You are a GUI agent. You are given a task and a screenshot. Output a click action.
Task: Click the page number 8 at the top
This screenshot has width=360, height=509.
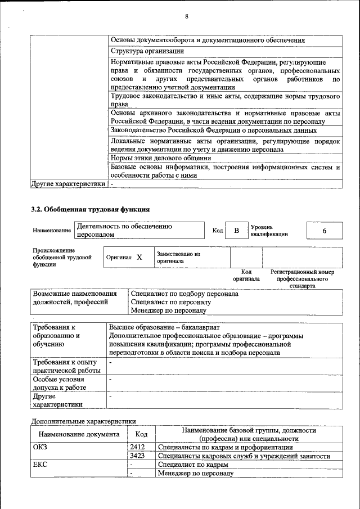click(x=186, y=16)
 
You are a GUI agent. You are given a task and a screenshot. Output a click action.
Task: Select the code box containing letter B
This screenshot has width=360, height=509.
click(x=237, y=231)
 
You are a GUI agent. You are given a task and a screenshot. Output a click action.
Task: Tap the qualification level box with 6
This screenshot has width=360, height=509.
click(x=324, y=231)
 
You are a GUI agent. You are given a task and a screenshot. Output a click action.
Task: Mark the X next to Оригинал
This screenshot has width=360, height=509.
click(x=139, y=257)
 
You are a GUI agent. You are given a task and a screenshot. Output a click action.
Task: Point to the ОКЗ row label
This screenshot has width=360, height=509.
click(x=41, y=447)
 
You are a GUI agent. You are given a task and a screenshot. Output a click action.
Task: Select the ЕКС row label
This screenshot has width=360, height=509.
click(x=40, y=465)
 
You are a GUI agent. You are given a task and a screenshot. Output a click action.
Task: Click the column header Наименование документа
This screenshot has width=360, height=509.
click(x=79, y=434)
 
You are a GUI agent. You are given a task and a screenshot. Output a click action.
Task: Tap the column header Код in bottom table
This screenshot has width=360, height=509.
click(x=141, y=434)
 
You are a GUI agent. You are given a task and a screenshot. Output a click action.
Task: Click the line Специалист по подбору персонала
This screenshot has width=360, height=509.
click(x=184, y=294)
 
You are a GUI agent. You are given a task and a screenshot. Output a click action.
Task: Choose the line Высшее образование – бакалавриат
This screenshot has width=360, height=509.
click(x=165, y=327)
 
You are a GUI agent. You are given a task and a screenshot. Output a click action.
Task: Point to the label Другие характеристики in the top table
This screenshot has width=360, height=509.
click(x=68, y=183)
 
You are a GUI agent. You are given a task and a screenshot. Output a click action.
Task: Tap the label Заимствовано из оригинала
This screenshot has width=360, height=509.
click(x=178, y=257)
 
